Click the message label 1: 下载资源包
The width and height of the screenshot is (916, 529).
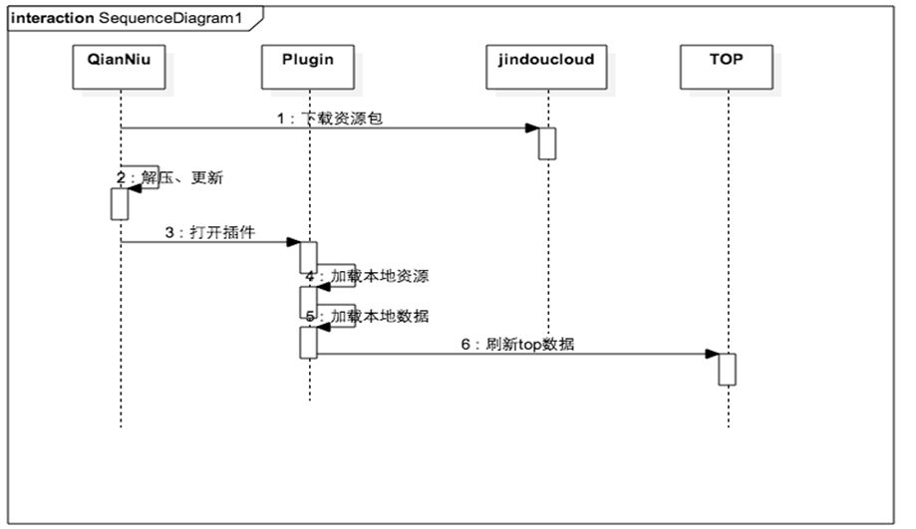pyautogui.click(x=329, y=118)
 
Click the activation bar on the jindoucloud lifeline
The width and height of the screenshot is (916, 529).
pyautogui.click(x=547, y=142)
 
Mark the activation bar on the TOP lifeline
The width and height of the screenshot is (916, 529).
pyautogui.click(x=728, y=369)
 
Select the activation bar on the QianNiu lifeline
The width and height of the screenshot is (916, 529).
pyautogui.click(x=120, y=203)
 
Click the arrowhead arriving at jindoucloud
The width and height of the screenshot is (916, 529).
pyautogui.click(x=532, y=128)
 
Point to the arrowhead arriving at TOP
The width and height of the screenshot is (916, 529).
pyautogui.click(x=712, y=354)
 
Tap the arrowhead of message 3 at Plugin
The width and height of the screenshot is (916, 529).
pyautogui.click(x=294, y=242)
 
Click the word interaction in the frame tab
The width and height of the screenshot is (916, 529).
pyautogui.click(x=53, y=18)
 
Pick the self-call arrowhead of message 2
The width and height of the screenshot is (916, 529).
pyautogui.click(x=134, y=189)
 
